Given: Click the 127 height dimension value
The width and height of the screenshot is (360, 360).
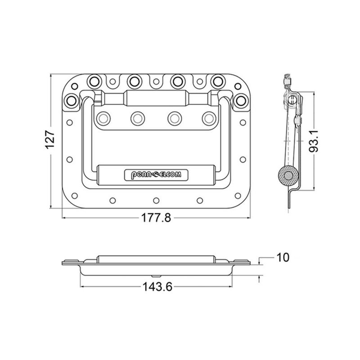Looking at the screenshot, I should click(x=50, y=140).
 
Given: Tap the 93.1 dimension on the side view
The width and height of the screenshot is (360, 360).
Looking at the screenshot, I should click(x=315, y=142).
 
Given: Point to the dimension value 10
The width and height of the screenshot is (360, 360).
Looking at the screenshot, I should click(x=283, y=257).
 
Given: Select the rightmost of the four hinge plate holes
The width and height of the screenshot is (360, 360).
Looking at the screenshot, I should click(x=207, y=117).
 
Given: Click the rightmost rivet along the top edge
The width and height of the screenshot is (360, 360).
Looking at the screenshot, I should click(x=218, y=81).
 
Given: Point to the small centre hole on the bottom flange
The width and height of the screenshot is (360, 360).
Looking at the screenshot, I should click(x=156, y=200).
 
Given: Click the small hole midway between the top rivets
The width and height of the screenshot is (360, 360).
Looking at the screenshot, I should click(x=156, y=82).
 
